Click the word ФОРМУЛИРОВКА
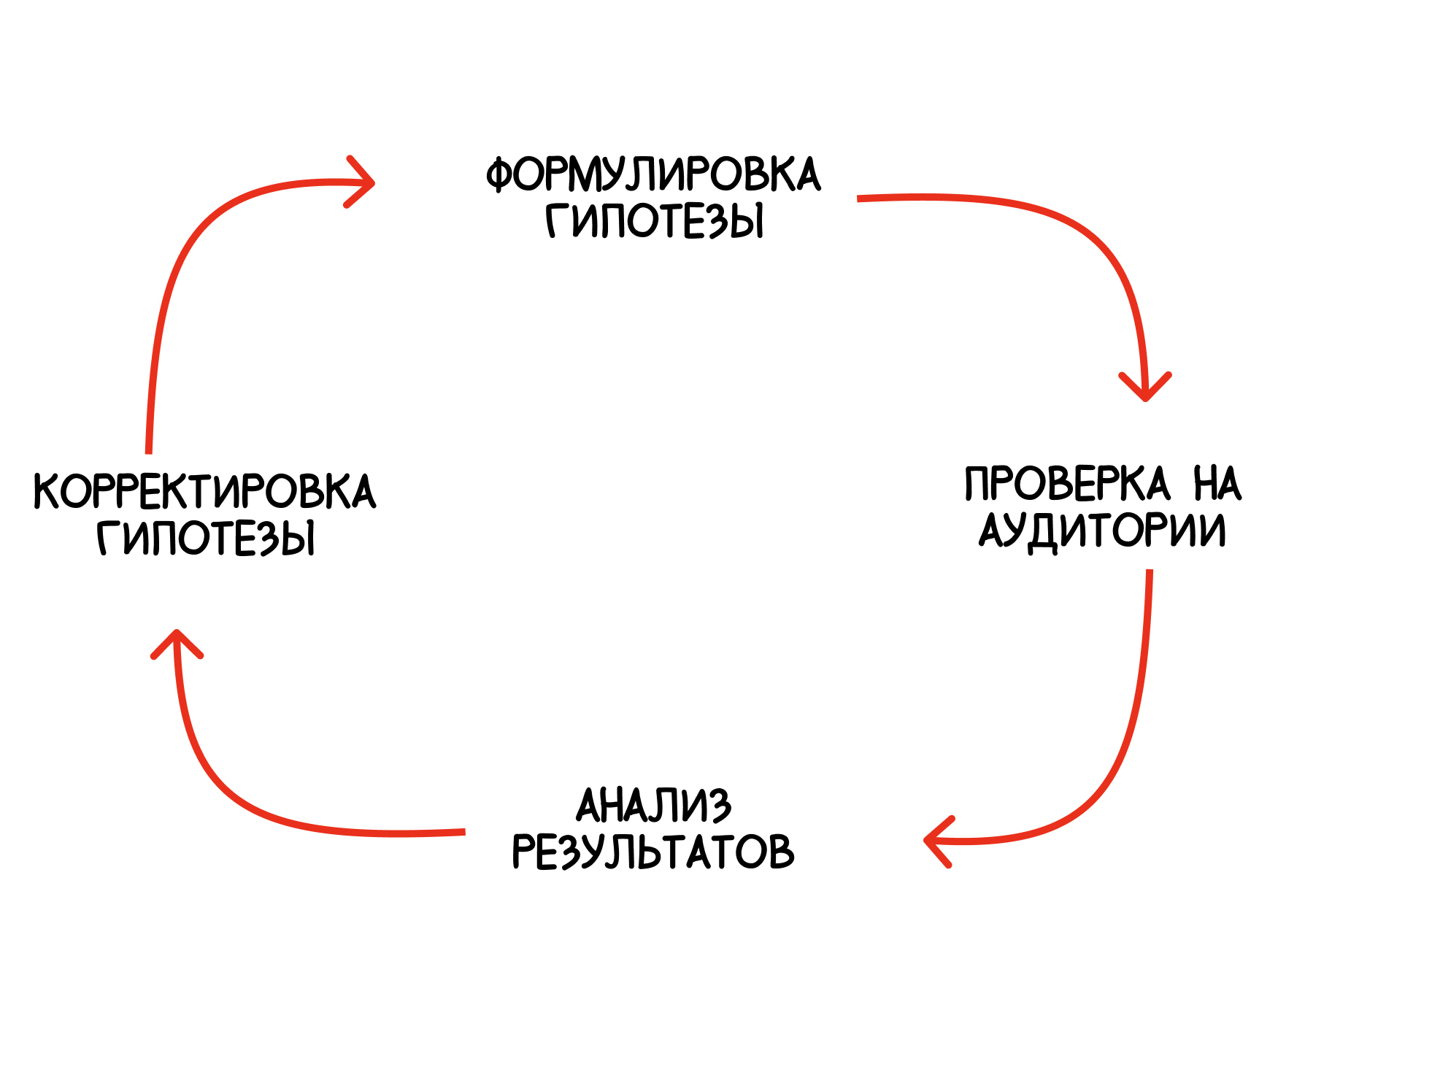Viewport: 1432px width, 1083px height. click(x=653, y=174)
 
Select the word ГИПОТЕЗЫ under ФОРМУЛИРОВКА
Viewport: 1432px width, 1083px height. click(x=655, y=220)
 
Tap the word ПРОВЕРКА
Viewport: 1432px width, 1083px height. click(x=1067, y=483)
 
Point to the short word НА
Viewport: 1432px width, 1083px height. click(x=1217, y=483)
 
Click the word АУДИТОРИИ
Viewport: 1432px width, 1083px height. click(x=1102, y=531)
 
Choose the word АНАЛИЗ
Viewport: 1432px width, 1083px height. click(x=653, y=806)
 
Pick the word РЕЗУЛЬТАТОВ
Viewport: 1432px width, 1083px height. click(x=653, y=852)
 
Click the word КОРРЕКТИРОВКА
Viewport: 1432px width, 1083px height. click(x=204, y=491)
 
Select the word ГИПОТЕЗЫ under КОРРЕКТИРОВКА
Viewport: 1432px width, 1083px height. click(x=206, y=538)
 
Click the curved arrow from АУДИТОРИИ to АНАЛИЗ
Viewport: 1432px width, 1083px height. click(x=1117, y=759)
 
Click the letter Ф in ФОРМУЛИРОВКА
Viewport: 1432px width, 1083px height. click(x=500, y=175)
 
